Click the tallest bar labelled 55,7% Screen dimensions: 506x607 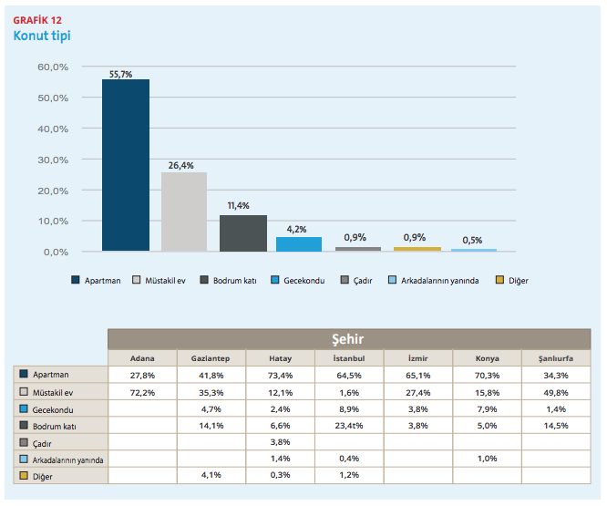pyautogui.click(x=126, y=164)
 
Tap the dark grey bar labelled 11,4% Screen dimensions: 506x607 pyautogui.click(x=243, y=233)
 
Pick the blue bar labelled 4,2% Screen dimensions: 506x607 pyautogui.click(x=299, y=243)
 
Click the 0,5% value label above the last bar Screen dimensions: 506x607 pyautogui.click(x=473, y=241)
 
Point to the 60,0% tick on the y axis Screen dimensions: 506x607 pyautogui.click(x=53, y=67)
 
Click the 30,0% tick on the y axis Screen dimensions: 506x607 pyautogui.click(x=53, y=160)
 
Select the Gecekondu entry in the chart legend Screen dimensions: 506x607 pyautogui.click(x=298, y=281)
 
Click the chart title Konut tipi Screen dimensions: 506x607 pyautogui.click(x=41, y=36)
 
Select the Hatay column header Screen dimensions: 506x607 pyautogui.click(x=280, y=357)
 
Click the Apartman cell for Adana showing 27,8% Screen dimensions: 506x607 pyautogui.click(x=142, y=375)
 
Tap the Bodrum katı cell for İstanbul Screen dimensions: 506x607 pyautogui.click(x=349, y=426)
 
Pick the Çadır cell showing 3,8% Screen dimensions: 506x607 pyautogui.click(x=280, y=442)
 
